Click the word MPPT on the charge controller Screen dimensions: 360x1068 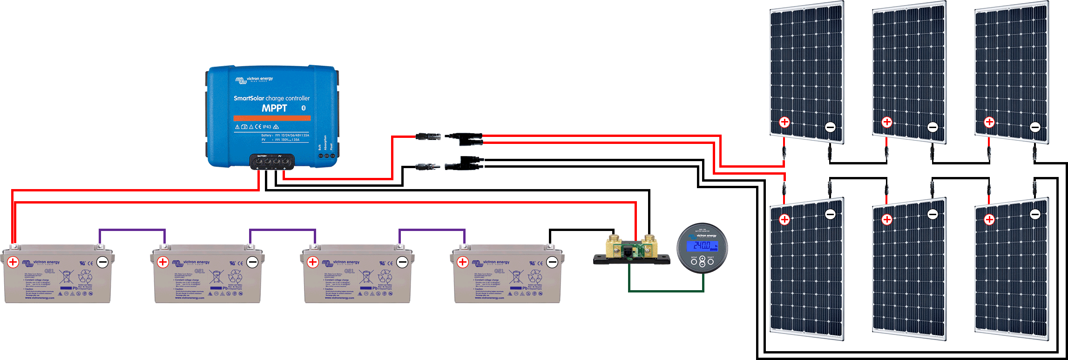[274, 108]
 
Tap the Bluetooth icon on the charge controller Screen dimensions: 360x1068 [304, 108]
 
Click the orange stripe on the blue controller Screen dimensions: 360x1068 [272, 118]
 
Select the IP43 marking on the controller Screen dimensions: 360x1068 [267, 127]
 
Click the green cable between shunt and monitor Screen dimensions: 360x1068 [666, 291]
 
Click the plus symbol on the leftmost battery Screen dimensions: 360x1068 [13, 262]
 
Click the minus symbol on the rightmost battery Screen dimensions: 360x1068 [552, 262]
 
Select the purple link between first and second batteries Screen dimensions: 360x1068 [132, 230]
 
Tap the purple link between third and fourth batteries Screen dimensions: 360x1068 [432, 230]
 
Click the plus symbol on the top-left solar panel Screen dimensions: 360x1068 [784, 122]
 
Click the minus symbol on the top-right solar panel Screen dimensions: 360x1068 [1035, 127]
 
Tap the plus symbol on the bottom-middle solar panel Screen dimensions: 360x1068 [887, 219]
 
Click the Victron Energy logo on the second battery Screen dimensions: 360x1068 [186, 262]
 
